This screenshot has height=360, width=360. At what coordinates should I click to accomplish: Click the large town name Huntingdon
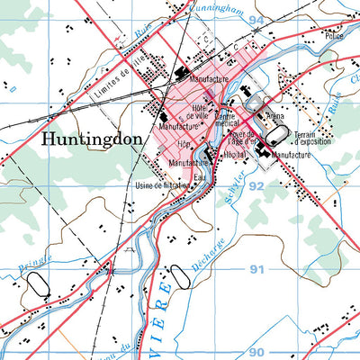click(x=88, y=139)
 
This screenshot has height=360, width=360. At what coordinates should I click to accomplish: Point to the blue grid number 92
click(x=257, y=185)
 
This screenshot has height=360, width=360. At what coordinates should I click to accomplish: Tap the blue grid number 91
click(x=257, y=269)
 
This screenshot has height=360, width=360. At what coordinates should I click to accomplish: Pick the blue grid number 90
click(x=257, y=352)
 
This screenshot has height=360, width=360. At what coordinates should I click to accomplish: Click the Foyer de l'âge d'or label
click(x=241, y=138)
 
